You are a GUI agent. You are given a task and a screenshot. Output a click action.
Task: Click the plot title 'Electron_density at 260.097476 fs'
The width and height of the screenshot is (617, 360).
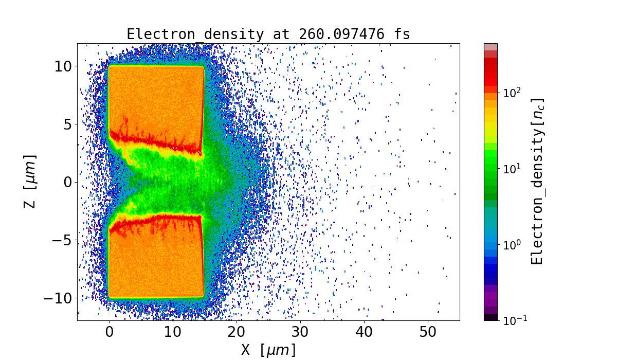tap(268, 34)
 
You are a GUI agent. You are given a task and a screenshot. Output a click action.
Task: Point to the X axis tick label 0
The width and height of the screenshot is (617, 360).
tap(109, 332)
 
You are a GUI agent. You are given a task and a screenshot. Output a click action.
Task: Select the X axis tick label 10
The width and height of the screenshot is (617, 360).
tap(173, 332)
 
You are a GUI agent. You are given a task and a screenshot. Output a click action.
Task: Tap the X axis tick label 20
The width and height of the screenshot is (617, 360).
tap(237, 332)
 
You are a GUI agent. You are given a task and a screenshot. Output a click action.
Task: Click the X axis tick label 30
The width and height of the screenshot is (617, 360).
tap(300, 332)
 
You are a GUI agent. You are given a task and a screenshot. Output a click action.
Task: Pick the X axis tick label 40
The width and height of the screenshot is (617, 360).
tap(364, 332)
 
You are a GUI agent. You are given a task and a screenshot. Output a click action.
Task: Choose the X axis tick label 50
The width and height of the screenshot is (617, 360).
tap(428, 332)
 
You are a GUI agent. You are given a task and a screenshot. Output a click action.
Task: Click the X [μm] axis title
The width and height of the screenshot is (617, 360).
tap(268, 350)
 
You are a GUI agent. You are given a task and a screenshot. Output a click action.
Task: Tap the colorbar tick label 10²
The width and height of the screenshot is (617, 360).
tap(512, 93)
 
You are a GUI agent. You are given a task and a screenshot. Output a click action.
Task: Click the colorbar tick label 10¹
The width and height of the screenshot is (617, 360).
tap(512, 169)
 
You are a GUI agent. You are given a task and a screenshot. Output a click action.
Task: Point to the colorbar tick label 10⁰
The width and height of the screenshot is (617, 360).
tap(512, 245)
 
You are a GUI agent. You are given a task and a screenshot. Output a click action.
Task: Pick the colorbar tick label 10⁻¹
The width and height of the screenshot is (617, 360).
tap(514, 320)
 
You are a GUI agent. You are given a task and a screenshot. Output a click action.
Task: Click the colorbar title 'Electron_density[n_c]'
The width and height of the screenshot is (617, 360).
tap(537, 181)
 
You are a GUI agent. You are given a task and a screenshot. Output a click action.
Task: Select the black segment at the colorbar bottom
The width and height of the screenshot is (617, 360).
tap(491, 317)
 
